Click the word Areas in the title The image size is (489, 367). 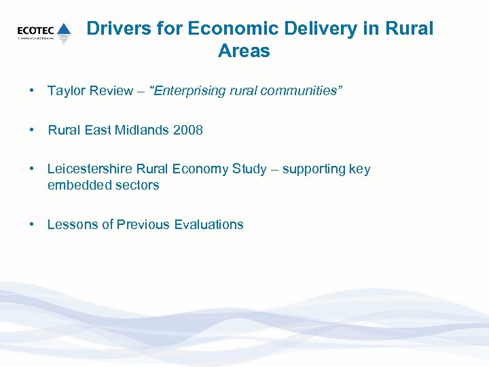click(244, 51)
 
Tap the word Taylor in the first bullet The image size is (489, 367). click(66, 91)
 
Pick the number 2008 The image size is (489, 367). click(188, 130)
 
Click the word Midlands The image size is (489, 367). click(141, 130)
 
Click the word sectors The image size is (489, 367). click(138, 185)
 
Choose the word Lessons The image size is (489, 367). click(73, 224)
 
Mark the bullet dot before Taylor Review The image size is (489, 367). click(32, 91)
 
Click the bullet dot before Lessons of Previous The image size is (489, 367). click(32, 224)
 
